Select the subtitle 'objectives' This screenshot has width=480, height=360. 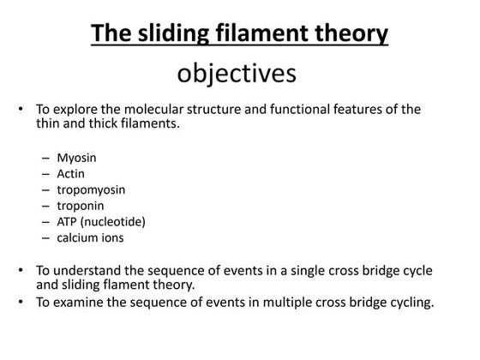point(237,74)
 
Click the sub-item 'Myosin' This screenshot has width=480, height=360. point(76,159)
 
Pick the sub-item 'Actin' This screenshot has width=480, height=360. point(72,174)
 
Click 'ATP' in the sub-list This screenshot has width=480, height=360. point(68,221)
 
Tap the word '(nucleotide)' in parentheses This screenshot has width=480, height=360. point(116,221)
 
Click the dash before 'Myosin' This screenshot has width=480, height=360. point(45,159)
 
